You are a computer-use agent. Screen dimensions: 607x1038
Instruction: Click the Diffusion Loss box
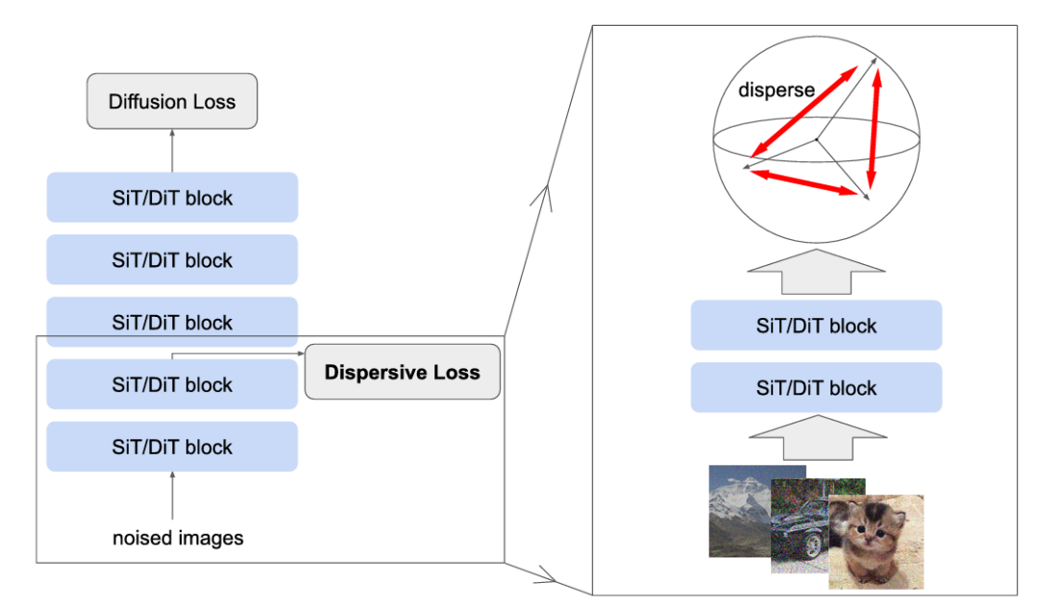[x=172, y=101]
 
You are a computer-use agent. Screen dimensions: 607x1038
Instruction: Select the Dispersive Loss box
[x=402, y=372]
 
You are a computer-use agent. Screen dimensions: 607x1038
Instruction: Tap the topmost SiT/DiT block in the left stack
[x=172, y=198]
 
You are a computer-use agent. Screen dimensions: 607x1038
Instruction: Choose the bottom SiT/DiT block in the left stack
[x=172, y=447]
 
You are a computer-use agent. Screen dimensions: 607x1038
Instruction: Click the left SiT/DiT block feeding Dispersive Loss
[x=172, y=384]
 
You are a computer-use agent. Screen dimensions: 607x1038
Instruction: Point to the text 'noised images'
[x=178, y=538]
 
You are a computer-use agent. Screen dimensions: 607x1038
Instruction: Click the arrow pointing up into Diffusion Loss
[x=172, y=150]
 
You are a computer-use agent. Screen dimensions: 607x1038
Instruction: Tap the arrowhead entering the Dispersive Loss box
[x=299, y=353]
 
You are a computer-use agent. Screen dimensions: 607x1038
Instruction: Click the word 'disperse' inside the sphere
[x=777, y=90]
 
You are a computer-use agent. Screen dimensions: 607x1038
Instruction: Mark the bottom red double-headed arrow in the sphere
[x=802, y=182]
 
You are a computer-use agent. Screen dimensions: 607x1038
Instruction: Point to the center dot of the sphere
[x=816, y=140]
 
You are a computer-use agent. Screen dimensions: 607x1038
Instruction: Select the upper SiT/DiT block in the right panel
[x=816, y=326]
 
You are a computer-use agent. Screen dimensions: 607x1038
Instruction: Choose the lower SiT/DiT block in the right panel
[x=816, y=388]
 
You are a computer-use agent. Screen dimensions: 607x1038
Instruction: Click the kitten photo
[x=876, y=540]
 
